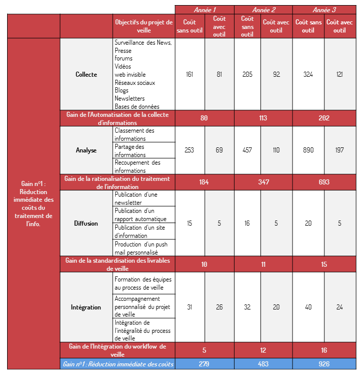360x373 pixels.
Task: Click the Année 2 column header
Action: pyautogui.click(x=263, y=9)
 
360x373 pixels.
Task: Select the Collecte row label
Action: pyautogui.click(x=86, y=74)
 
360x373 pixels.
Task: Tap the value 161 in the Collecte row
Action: pyautogui.click(x=189, y=74)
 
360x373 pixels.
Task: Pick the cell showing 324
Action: pyautogui.click(x=308, y=74)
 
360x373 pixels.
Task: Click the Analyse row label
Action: pyautogui.click(x=86, y=150)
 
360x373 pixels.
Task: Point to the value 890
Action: pyautogui.click(x=308, y=150)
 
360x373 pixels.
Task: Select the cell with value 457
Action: pyautogui.click(x=247, y=150)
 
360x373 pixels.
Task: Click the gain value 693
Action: pyautogui.click(x=323, y=182)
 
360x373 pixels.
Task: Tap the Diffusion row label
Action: pyautogui.click(x=86, y=223)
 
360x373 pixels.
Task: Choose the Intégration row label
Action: pyautogui.click(x=86, y=307)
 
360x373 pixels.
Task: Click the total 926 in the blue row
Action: pyautogui.click(x=323, y=364)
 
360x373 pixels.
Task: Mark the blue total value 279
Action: pyautogui.click(x=204, y=364)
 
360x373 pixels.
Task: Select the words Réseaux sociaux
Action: pyautogui.click(x=135, y=82)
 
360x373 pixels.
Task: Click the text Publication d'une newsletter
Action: pyautogui.click(x=136, y=198)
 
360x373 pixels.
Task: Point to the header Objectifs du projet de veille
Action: pyautogui.click(x=144, y=26)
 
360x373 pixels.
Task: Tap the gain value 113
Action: pyautogui.click(x=263, y=118)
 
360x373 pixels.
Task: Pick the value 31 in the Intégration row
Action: pyautogui.click(x=189, y=307)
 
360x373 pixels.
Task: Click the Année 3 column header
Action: pyautogui.click(x=323, y=9)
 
